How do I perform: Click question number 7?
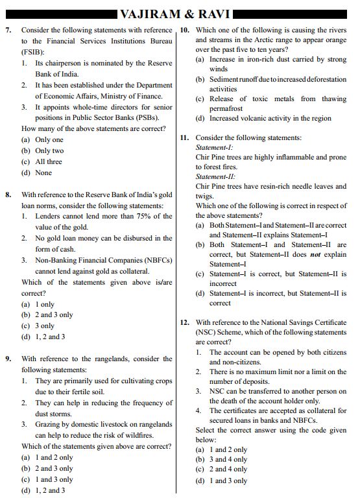8,30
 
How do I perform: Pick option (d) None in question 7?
36,172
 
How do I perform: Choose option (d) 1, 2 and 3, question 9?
43,490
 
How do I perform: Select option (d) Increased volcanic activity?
263,118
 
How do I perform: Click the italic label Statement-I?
210,148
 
